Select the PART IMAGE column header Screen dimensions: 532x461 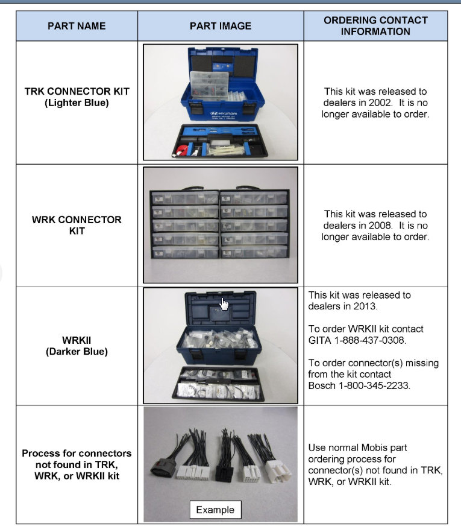click(x=220, y=26)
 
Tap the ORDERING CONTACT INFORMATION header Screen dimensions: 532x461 click(x=375, y=25)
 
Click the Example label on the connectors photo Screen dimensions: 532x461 click(x=215, y=510)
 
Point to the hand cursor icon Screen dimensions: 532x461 click(x=224, y=303)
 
